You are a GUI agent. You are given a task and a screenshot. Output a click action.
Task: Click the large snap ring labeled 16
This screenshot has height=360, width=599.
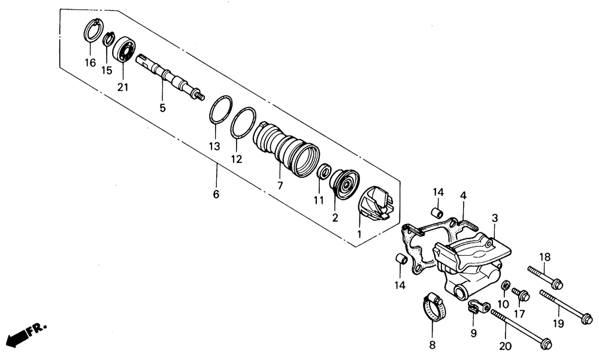tap(92, 31)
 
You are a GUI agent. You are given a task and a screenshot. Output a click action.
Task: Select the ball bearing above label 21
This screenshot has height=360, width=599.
tap(125, 50)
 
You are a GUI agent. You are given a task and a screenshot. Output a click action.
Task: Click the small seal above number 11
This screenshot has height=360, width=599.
tap(324, 172)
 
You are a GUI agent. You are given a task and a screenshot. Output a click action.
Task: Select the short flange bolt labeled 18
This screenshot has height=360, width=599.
tap(545, 277)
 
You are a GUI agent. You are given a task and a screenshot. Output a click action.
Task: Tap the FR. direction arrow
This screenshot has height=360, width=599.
tap(24, 332)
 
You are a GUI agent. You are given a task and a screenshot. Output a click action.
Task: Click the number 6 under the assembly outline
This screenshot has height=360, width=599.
tap(216, 194)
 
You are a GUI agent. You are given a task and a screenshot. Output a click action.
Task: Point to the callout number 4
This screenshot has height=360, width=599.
tap(463, 195)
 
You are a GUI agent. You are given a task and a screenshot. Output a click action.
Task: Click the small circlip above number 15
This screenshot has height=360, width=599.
tap(108, 41)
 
